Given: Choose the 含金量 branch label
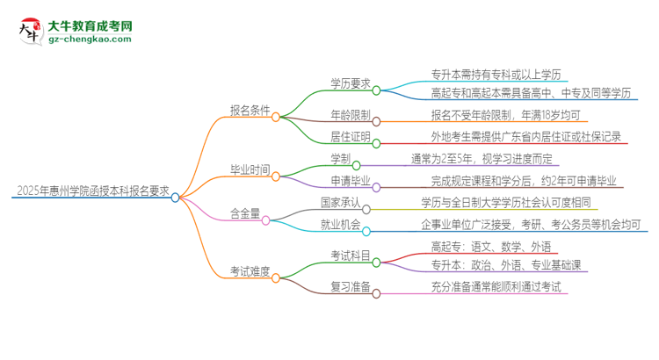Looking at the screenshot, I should (x=245, y=213).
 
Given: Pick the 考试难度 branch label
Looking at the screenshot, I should (x=250, y=272).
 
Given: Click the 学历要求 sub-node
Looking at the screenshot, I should (x=350, y=83).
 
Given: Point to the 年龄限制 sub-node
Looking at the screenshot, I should (x=350, y=115).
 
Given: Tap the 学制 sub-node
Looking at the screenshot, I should (x=340, y=159).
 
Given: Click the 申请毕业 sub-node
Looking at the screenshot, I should (x=350, y=181).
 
